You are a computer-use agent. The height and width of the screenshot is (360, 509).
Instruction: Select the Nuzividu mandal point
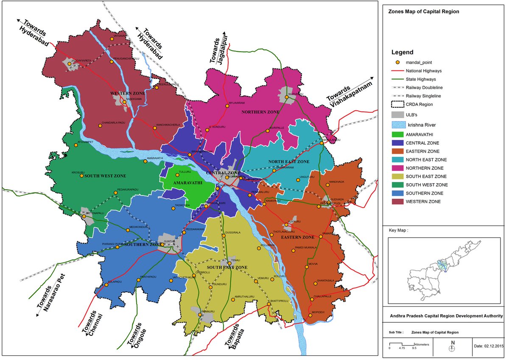pyautogui.click(x=287, y=97)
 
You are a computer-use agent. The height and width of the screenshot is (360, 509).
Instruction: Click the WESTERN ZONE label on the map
pyautogui.click(x=128, y=93)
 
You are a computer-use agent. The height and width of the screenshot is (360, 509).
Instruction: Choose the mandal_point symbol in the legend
pyautogui.click(x=397, y=62)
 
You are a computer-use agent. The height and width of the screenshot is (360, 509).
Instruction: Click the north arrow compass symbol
pyautogui.click(x=453, y=348)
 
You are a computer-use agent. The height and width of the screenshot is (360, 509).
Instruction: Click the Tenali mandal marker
pyautogui.click(x=229, y=263)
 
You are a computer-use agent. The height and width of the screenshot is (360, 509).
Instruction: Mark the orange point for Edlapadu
pyautogui.click(x=106, y=285)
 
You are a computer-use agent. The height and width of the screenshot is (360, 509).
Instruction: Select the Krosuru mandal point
pyautogui.click(x=82, y=176)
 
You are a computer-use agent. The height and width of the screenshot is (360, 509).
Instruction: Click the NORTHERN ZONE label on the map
pyautogui.click(x=260, y=112)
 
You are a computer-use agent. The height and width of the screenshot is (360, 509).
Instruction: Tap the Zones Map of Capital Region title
pyautogui.click(x=418, y=12)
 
